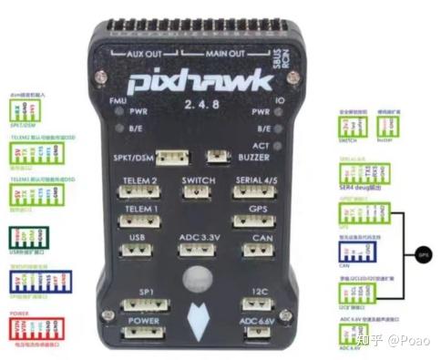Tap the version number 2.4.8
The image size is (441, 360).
coord(200,107)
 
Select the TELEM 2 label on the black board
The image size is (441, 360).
coord(139,180)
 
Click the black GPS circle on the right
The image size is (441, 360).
coord(421,257)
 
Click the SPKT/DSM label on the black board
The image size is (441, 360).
coord(134,157)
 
